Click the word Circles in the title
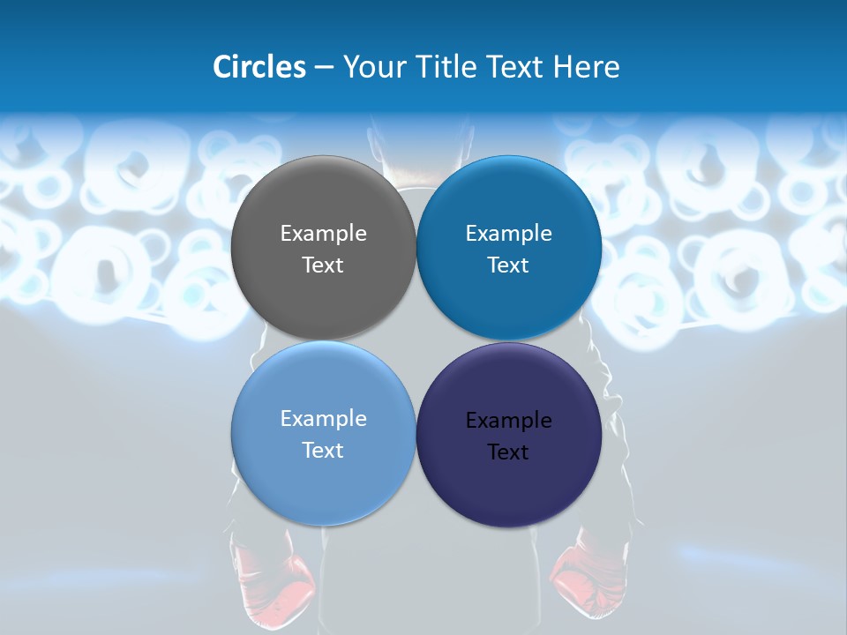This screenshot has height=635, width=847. point(259,67)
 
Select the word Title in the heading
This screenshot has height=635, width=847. point(446,67)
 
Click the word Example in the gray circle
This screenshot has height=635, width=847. point(323,234)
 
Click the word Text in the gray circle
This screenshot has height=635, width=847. point(323,265)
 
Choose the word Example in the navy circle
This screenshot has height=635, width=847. point(509,421)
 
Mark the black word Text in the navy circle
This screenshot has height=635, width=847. point(508,452)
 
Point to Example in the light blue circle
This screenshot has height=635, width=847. point(323,419)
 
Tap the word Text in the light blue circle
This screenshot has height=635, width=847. point(323,451)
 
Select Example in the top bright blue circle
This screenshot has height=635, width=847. point(509,234)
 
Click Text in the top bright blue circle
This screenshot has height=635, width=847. point(508,265)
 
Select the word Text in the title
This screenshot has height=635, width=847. point(514,67)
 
